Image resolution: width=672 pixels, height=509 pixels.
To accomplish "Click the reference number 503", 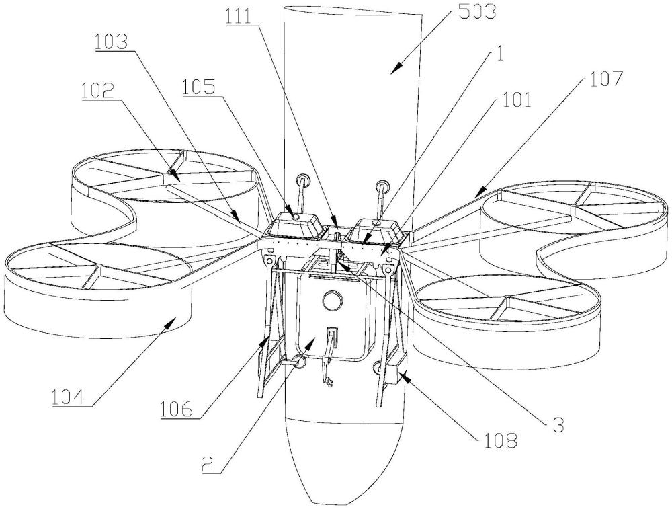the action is pyautogui.click(x=476, y=11).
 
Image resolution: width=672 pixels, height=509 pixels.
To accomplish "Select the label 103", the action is pyautogui.click(x=112, y=42).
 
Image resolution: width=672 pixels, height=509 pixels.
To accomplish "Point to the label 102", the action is pyautogui.click(x=97, y=90).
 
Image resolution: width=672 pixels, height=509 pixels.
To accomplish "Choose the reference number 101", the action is pyautogui.click(x=515, y=100).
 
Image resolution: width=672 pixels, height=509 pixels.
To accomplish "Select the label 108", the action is pyautogui.click(x=501, y=440).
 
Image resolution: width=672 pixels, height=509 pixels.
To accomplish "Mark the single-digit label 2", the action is pyautogui.click(x=208, y=464).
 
